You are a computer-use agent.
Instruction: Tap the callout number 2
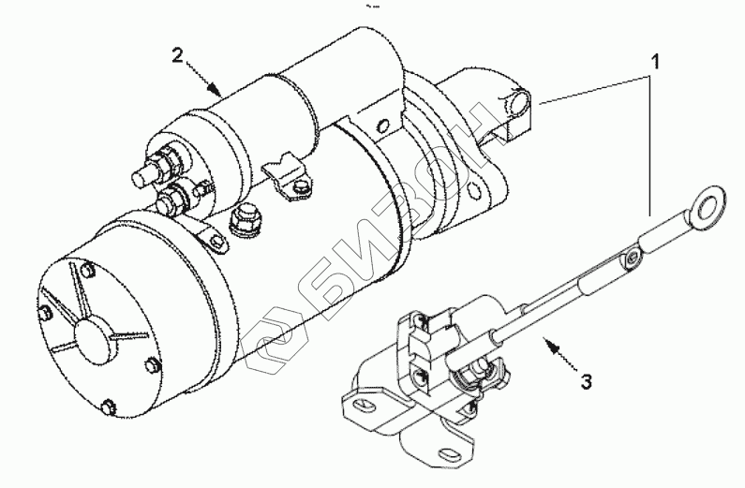coord(178,54)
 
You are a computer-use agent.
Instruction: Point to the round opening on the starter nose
coord(518,99)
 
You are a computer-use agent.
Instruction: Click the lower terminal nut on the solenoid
coord(173,200)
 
